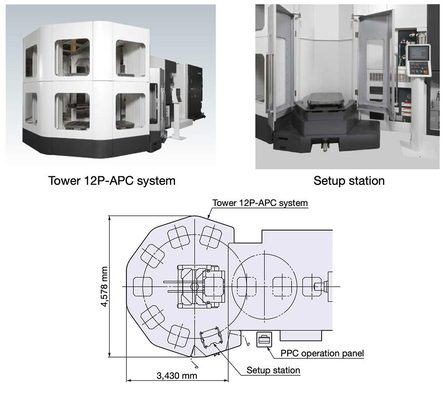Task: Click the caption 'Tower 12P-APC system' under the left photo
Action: pyautogui.click(x=112, y=181)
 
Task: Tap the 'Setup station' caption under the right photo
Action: pyautogui.click(x=349, y=181)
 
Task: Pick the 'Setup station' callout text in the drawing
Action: pyautogui.click(x=273, y=370)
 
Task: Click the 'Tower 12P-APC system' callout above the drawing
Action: pyautogui.click(x=260, y=203)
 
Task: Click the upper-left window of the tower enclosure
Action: pyautogui.click(x=72, y=56)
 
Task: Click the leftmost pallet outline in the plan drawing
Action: pyautogui.click(x=143, y=287)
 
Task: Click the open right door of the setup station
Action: pyautogui.click(x=374, y=65)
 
